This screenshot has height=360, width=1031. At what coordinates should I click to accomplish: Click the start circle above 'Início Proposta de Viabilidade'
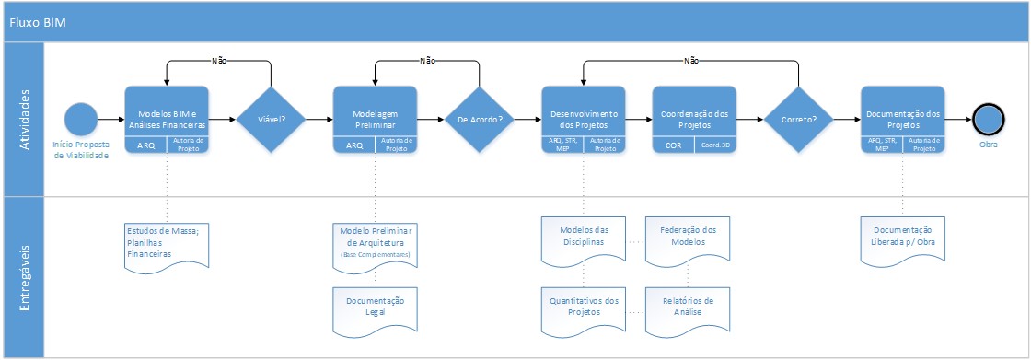pyautogui.click(x=81, y=120)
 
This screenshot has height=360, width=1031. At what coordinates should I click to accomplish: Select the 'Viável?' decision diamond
pyautogui.click(x=272, y=120)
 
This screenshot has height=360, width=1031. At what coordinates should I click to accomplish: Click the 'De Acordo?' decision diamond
pyautogui.click(x=480, y=120)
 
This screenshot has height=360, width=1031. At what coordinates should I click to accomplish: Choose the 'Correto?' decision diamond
pyautogui.click(x=798, y=120)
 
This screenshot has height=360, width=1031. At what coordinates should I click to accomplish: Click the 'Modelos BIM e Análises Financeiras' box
pyautogui.click(x=167, y=113)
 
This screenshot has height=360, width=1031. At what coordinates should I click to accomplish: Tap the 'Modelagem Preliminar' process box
pyautogui.click(x=375, y=113)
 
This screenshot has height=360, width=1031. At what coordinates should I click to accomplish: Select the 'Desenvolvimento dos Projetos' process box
pyautogui.click(x=584, y=113)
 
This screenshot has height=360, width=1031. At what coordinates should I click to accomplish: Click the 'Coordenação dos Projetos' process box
pyautogui.click(x=694, y=113)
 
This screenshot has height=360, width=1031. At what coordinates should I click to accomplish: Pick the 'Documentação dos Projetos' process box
pyautogui.click(x=902, y=113)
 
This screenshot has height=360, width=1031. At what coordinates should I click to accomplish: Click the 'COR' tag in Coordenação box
pyautogui.click(x=673, y=145)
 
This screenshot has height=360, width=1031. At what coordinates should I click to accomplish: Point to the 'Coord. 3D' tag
pyautogui.click(x=715, y=145)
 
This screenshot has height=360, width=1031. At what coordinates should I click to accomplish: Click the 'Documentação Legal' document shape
pyautogui.click(x=375, y=307)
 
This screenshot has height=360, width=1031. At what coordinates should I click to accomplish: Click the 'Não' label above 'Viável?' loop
pyautogui.click(x=219, y=61)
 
